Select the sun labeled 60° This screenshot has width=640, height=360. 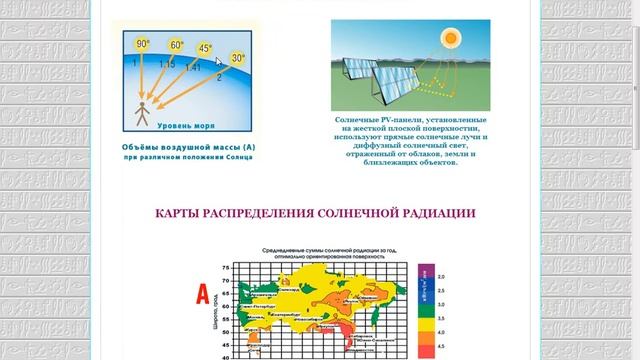pos(176,45)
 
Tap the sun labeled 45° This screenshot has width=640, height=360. pos(206,49)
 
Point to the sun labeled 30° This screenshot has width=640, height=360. pos(238,60)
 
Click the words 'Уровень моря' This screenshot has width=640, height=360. pos(181,125)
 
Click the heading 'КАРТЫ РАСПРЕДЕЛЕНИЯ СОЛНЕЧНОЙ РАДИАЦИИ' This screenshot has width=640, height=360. pos(315,213)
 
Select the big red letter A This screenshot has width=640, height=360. pos(202,294)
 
